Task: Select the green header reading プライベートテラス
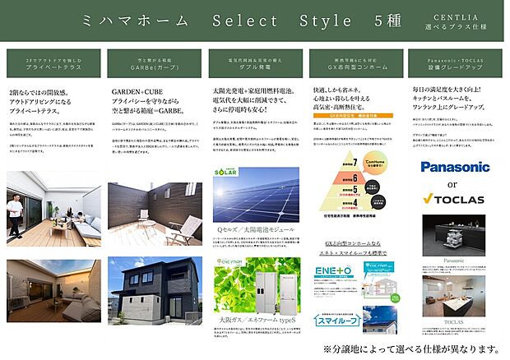point(53,65)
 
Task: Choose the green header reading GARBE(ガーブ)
point(154,65)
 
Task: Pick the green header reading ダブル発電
point(254,65)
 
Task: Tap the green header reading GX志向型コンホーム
point(355,65)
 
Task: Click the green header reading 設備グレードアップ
point(455,65)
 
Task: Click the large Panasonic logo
point(455,167)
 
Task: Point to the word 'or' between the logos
point(455,182)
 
